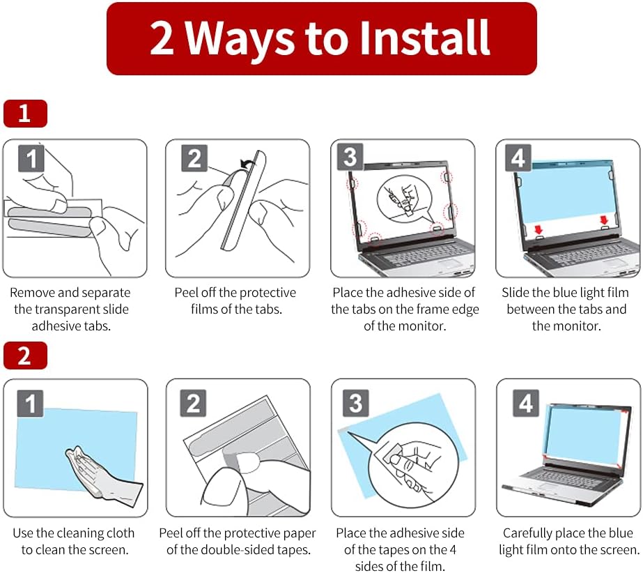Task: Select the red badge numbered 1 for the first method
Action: point(25,114)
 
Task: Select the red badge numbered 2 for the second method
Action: point(25,356)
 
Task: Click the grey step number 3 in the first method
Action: point(350,156)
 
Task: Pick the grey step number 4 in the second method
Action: point(526,403)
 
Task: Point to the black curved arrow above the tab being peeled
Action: point(247,164)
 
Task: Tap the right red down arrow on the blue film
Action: point(604,220)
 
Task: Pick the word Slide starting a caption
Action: point(515,292)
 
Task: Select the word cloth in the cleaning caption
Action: point(120,533)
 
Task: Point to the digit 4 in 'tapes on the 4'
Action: point(452,549)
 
